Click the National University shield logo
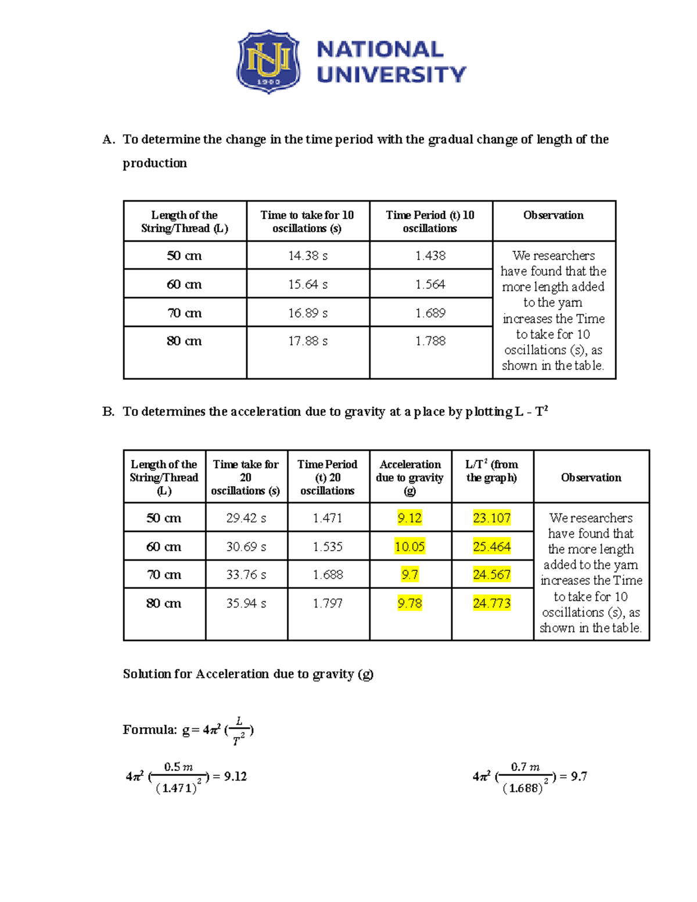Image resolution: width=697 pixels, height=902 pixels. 268,62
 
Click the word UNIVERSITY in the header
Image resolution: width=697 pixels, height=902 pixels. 391,75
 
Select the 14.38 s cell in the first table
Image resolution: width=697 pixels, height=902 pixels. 308,256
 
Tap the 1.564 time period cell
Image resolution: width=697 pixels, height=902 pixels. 430,284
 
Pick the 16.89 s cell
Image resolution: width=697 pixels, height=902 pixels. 308,313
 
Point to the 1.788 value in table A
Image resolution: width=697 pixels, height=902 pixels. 430,341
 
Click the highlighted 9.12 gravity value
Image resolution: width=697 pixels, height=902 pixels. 409,518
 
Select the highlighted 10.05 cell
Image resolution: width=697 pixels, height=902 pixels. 409,547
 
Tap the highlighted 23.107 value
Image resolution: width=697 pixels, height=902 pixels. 491,518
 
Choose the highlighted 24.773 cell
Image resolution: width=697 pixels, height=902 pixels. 491,603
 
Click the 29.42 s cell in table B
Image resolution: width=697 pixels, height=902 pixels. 246,518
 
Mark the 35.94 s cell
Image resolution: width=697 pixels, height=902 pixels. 246,603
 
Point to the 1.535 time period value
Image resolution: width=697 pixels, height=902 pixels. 328,547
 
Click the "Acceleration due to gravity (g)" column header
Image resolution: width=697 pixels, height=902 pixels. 409,477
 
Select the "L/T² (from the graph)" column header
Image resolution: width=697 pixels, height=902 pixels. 491,471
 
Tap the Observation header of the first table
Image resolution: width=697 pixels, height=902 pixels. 554,215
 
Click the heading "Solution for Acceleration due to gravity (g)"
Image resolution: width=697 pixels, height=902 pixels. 248,674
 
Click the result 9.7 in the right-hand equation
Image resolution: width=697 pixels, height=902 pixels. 579,777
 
